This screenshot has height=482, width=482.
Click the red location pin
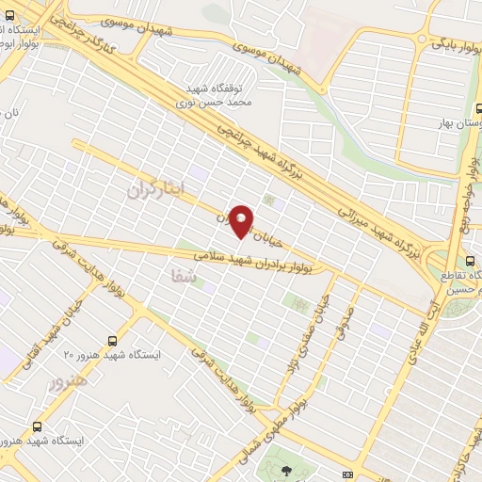(x=241, y=220)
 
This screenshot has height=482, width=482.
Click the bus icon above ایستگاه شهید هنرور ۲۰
(x=114, y=340)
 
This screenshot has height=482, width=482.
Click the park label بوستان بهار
(x=458, y=123)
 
